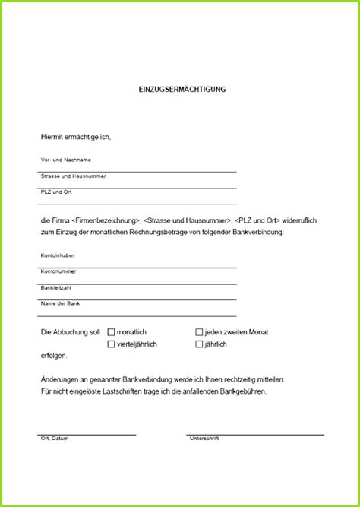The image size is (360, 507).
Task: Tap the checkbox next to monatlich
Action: coord(112,332)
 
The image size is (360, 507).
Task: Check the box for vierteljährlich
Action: coord(112,344)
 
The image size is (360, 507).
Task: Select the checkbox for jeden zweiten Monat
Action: coord(199,332)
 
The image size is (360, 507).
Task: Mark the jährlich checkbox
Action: coord(199,344)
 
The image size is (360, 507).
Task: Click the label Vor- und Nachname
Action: coord(66,160)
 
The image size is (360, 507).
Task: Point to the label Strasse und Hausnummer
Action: coord(73,176)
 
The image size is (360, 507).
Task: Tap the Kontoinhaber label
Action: coord(58,255)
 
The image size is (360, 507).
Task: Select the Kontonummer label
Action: coord(58,271)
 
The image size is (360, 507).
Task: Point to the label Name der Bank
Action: coord(60,303)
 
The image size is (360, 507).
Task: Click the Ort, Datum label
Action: coord(55,439)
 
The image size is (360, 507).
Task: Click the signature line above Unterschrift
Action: coord(255,434)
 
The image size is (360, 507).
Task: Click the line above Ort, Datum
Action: coord(87,434)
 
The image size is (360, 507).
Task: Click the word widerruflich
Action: coord(298,220)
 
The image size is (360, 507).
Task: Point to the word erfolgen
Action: coord(54,356)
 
